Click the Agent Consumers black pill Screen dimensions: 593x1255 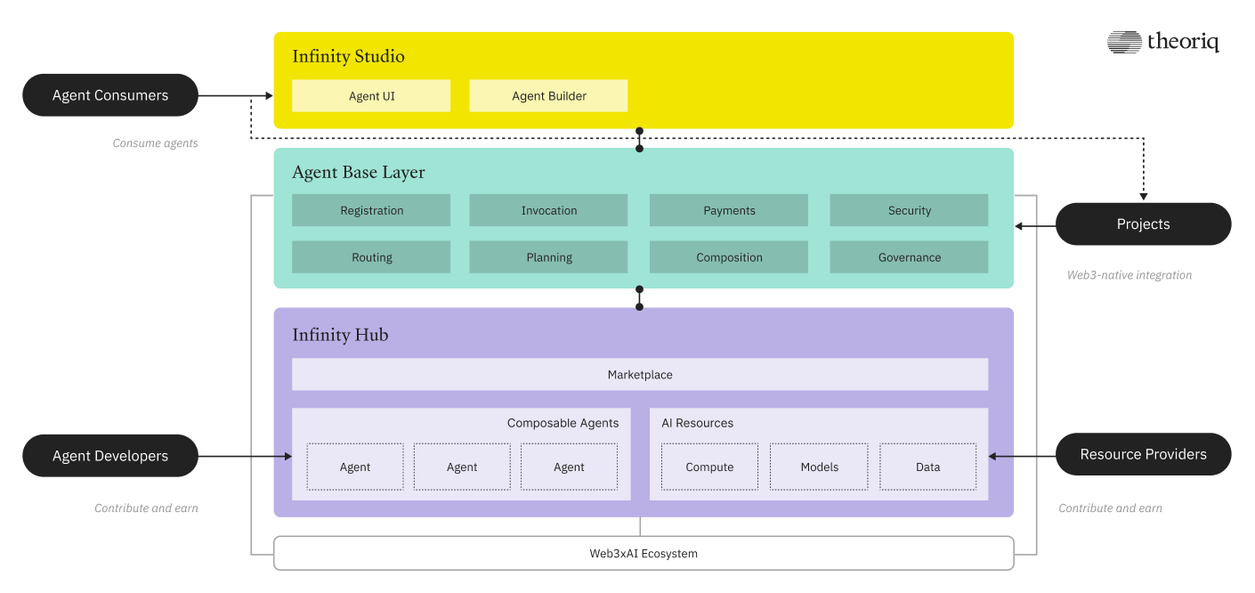[109, 95]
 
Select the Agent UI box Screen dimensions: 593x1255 [371, 96]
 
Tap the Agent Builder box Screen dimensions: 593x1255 [548, 96]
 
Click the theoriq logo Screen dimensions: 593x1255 [1162, 42]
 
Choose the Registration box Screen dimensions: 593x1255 [371, 211]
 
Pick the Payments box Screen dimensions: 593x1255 [729, 211]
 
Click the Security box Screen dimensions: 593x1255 [909, 211]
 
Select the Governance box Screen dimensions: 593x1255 [909, 257]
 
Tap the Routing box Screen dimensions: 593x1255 [371, 257]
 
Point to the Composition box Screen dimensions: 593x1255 [729, 257]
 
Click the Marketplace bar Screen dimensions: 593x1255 [640, 375]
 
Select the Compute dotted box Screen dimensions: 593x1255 [709, 467]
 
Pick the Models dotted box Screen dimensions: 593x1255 [819, 467]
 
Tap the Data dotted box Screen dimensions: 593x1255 [927, 467]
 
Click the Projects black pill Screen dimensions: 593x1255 [1143, 224]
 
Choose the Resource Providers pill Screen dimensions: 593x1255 [1143, 455]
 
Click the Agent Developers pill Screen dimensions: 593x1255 [109, 456]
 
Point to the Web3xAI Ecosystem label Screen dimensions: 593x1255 [644, 554]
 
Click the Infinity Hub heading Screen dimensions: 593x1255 [340, 336]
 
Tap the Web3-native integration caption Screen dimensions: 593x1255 [1129, 275]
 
